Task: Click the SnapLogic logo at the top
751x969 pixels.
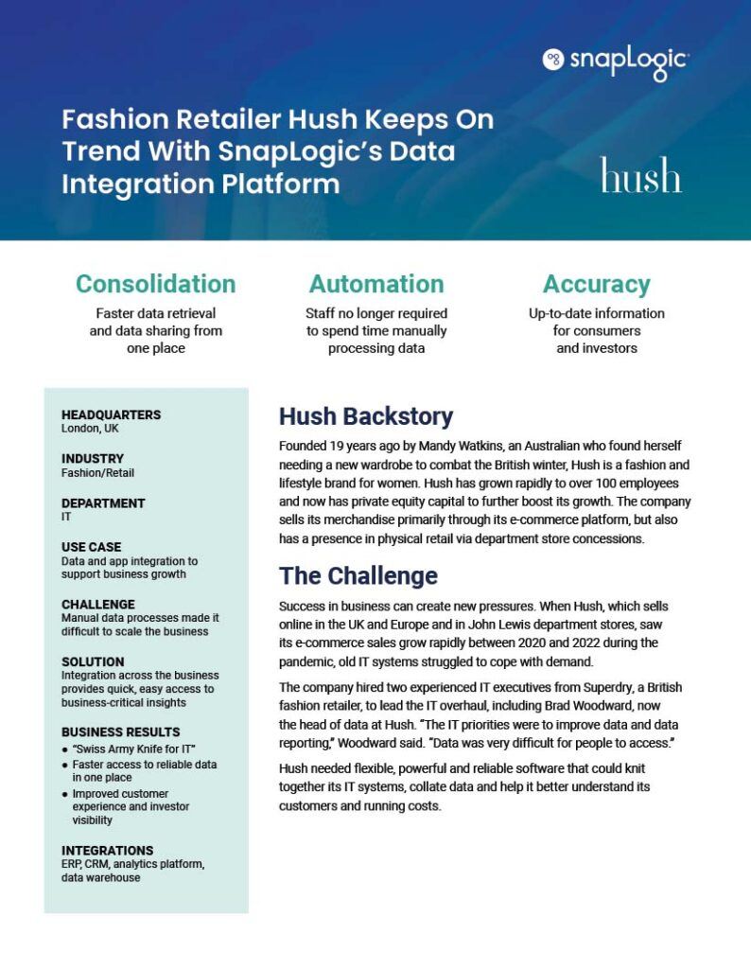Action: [x=616, y=60]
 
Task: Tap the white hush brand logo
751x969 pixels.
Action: [x=640, y=176]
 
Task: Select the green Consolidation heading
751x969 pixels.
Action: [x=155, y=284]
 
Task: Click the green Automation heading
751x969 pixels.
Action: [x=375, y=284]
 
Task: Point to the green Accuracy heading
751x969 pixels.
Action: [x=596, y=284]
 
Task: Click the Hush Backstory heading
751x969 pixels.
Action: [x=365, y=416]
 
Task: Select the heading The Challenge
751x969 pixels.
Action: [x=358, y=575]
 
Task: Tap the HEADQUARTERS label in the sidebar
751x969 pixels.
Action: [x=111, y=414]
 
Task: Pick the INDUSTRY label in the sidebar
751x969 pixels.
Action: [x=92, y=459]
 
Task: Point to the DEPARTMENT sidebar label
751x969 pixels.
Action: [x=103, y=503]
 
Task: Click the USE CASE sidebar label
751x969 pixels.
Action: [x=91, y=547]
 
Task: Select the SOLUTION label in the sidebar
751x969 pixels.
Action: [x=93, y=661]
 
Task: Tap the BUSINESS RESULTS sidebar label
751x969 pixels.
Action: [x=120, y=731]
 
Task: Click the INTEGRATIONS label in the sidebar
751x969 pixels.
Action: [x=107, y=850]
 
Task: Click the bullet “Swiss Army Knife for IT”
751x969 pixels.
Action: [x=132, y=749]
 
